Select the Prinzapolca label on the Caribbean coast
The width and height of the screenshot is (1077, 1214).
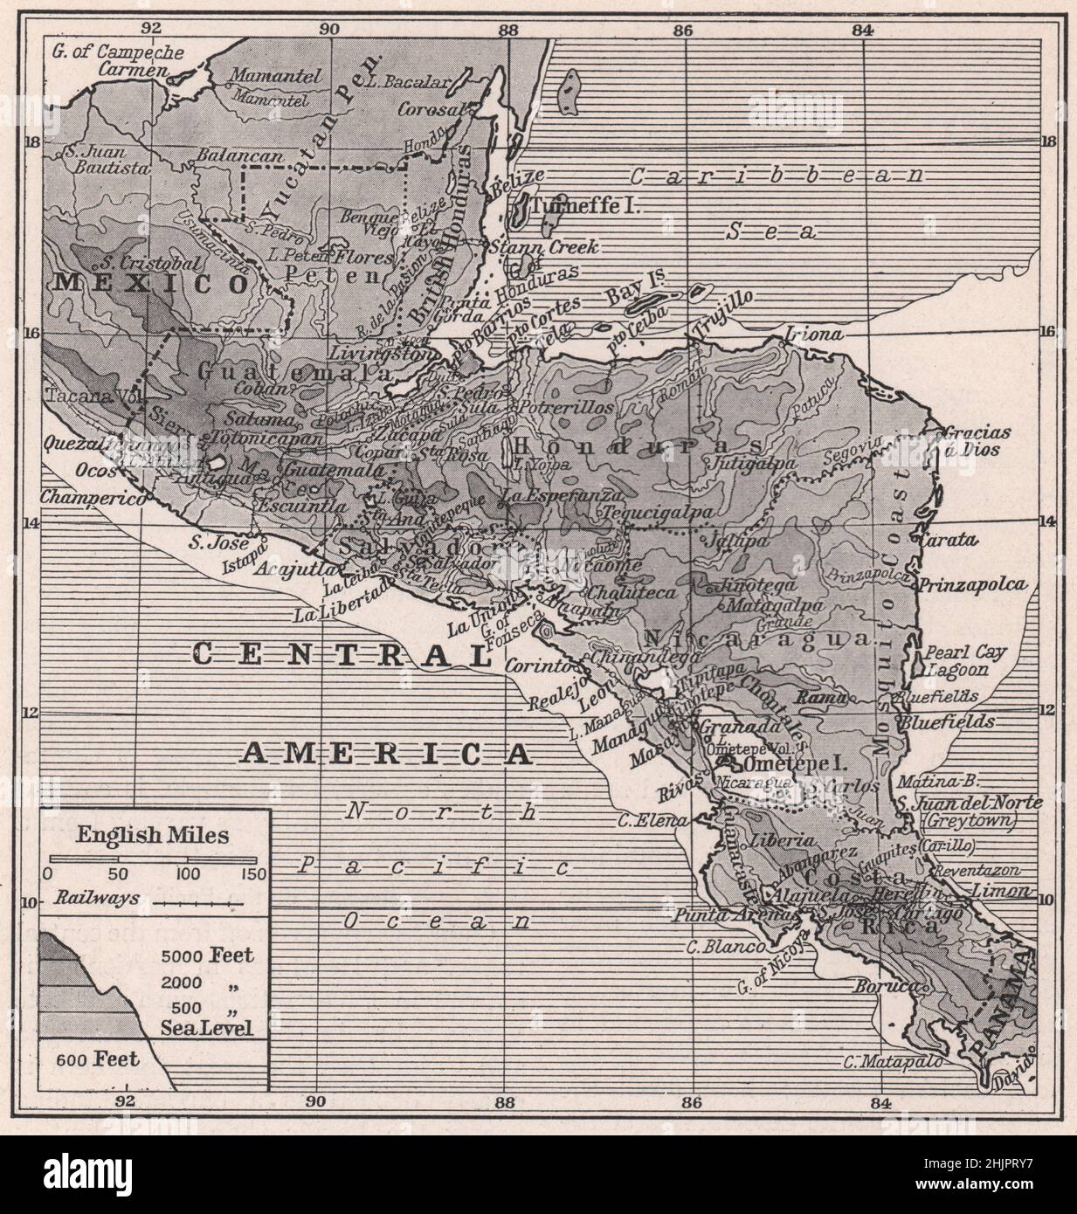[x=970, y=584]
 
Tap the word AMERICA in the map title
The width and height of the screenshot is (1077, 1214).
[x=385, y=752]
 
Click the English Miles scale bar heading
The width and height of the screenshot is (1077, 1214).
[x=152, y=835]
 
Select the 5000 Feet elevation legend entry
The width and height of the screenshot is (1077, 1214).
[x=207, y=955]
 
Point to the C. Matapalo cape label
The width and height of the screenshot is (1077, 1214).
[x=894, y=1062]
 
